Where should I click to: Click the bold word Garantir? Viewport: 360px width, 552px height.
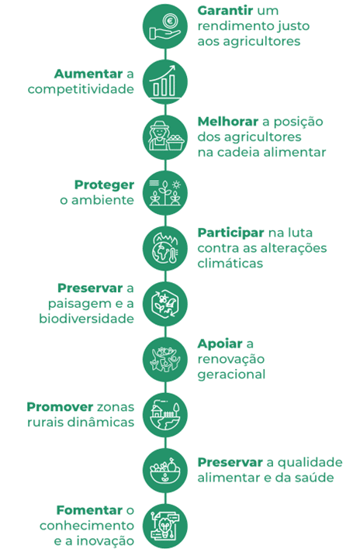point(225,11)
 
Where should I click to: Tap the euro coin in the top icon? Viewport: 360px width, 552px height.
point(170,20)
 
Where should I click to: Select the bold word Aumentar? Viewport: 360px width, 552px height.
point(88,74)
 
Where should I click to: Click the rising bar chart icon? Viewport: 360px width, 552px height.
point(164,82)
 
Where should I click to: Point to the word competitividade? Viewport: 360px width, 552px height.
point(81,89)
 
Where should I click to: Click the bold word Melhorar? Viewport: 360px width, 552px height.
point(228,122)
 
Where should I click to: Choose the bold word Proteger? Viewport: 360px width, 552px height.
point(104,185)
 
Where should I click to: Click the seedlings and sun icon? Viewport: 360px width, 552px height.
point(164,193)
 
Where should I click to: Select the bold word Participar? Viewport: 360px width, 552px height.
point(230,233)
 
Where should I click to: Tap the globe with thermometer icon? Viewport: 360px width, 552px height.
point(164,249)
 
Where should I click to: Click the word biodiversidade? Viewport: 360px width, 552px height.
point(86,319)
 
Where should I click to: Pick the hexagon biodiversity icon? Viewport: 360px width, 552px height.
point(164,304)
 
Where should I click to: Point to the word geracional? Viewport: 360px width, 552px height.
point(231,374)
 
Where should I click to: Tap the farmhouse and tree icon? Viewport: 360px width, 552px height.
point(164,415)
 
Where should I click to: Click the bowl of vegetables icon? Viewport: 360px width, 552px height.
point(164,471)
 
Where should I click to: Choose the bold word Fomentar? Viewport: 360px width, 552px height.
point(89,510)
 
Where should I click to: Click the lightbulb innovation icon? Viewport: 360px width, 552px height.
point(164,526)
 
